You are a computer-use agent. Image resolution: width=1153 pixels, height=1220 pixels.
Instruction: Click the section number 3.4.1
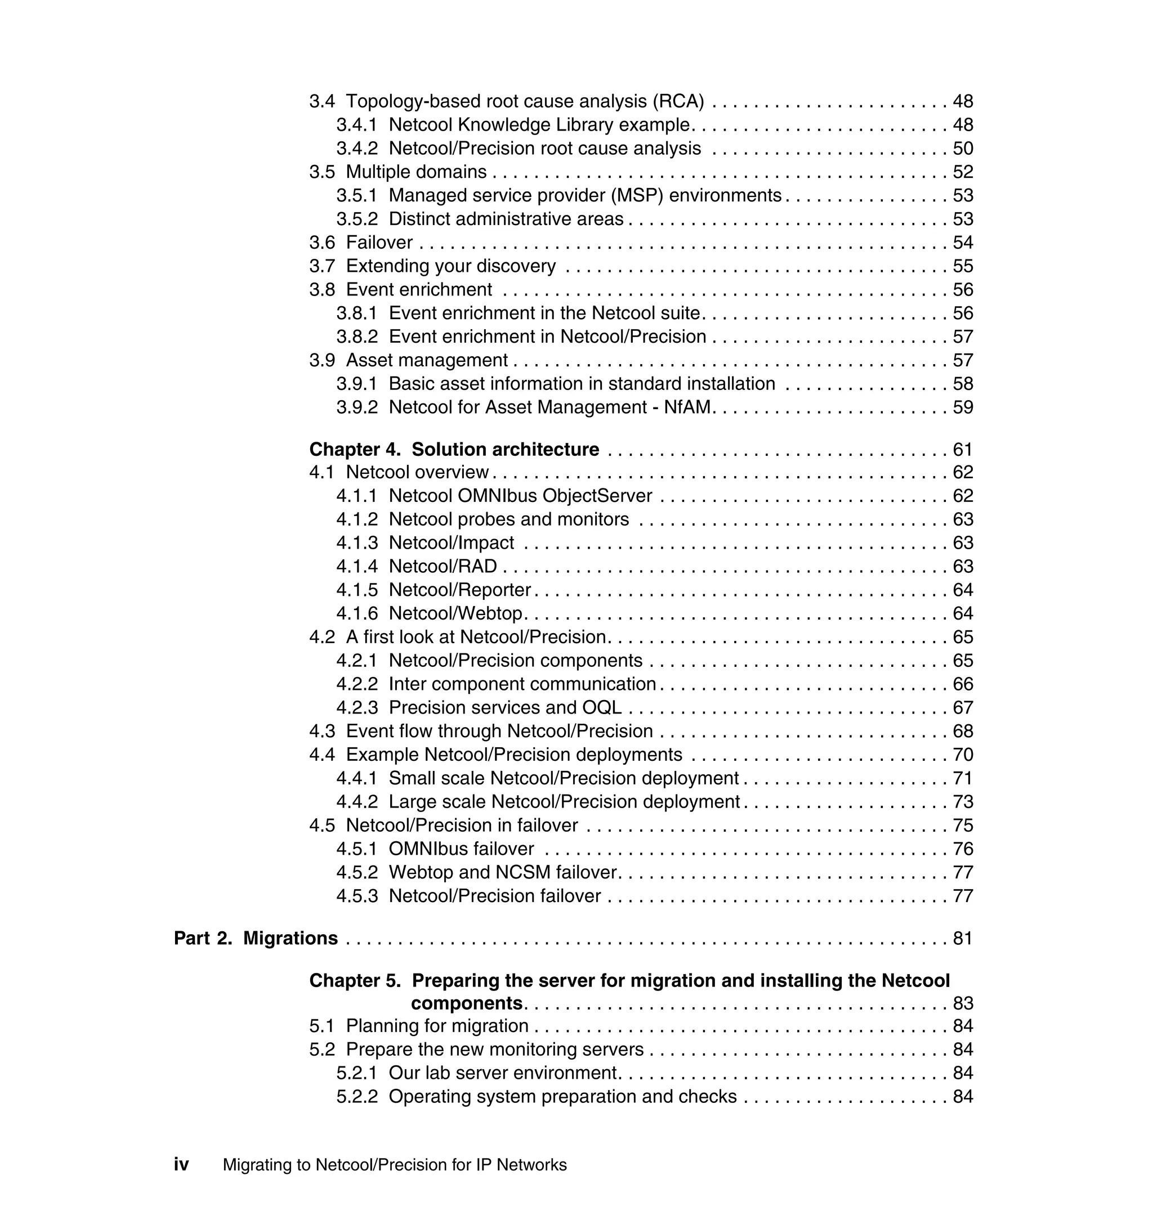[356, 125]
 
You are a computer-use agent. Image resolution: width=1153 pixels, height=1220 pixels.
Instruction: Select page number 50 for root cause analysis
[963, 149]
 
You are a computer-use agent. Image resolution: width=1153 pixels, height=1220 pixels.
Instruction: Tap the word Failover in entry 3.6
[379, 243]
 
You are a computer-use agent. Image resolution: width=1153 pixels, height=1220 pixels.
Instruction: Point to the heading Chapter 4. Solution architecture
[454, 450]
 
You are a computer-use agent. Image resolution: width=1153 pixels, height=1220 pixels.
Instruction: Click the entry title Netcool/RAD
[443, 566]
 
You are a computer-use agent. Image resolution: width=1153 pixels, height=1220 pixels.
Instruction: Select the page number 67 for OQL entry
[963, 708]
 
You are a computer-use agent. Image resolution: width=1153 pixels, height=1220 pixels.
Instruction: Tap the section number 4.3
[322, 732]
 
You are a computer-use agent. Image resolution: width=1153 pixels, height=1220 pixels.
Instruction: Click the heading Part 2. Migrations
[256, 939]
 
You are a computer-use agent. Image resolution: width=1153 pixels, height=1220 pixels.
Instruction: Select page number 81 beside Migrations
[963, 939]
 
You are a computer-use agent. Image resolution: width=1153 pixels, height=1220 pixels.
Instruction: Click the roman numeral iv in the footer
[181, 1165]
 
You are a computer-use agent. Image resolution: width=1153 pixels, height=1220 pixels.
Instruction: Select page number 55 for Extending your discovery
[963, 266]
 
